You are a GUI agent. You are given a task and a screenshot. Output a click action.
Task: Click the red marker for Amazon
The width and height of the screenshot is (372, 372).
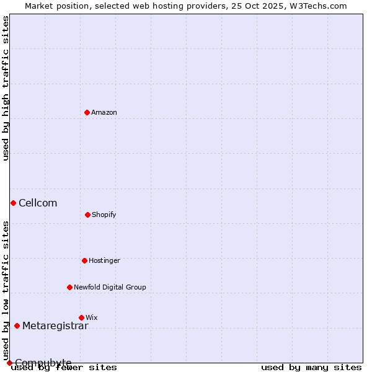click(87, 112)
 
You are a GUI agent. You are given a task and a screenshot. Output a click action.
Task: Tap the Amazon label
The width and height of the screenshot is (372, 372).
click(104, 112)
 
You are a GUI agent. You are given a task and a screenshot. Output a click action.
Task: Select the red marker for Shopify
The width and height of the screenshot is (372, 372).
click(87, 215)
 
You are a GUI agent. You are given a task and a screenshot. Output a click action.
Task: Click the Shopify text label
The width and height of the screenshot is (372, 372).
click(104, 215)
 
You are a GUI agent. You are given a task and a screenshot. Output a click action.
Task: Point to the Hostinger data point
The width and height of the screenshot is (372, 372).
click(84, 260)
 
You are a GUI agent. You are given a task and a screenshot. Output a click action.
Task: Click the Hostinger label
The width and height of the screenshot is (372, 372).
click(104, 260)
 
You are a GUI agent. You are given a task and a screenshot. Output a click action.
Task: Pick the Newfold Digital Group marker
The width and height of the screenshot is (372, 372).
click(69, 287)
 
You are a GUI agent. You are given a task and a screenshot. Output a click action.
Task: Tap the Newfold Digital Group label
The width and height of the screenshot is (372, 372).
click(110, 287)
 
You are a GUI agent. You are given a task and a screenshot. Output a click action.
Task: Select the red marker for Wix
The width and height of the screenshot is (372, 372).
click(81, 317)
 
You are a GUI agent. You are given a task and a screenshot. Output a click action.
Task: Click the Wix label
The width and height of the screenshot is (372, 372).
click(92, 317)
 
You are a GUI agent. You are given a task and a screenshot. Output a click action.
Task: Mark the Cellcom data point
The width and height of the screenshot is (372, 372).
click(13, 203)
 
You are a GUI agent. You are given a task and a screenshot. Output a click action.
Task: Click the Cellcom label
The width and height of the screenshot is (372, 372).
click(38, 203)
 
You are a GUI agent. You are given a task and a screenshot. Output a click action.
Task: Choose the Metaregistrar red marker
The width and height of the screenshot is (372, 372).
click(17, 325)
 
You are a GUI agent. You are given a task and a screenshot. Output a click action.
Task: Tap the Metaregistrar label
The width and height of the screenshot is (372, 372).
click(55, 325)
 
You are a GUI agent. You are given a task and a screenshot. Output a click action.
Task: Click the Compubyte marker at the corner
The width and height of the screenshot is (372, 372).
click(9, 363)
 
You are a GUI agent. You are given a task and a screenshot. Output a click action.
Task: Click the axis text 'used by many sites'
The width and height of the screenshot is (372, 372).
click(311, 367)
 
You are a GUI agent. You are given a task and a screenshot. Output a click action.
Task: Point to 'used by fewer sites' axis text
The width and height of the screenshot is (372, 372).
click(64, 367)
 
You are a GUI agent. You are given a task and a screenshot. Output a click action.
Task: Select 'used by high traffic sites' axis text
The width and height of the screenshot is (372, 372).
click(6, 88)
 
